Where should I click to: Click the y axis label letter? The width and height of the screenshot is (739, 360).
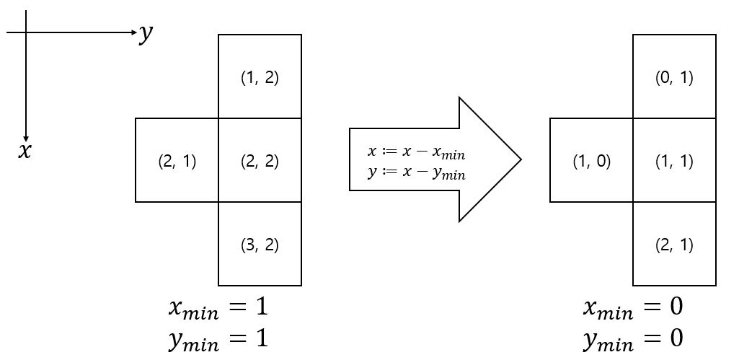point(146,33)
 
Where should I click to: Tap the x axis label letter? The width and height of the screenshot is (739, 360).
point(25,152)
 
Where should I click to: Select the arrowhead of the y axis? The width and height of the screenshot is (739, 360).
point(133,32)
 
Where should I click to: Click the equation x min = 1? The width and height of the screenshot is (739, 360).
point(218,307)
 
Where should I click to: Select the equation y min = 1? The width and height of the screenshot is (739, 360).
point(218,338)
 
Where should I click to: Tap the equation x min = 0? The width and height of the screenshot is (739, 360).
point(632,307)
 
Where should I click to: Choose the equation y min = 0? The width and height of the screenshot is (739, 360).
point(632,338)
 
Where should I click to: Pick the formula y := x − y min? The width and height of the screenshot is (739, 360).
point(416,174)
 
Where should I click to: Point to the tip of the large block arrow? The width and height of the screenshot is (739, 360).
point(520,159)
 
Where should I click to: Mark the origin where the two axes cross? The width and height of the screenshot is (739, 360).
point(26,32)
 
